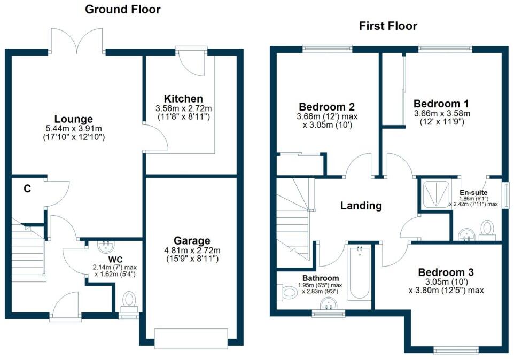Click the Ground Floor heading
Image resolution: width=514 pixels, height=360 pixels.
click(123, 9)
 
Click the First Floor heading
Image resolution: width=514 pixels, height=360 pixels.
click(388, 26)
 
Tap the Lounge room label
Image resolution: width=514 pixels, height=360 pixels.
click(74, 119)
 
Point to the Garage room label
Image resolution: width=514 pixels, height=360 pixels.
click(191, 240)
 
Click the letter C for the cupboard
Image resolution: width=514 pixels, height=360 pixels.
click(26, 188)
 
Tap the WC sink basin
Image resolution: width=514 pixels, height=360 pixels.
click(106, 246)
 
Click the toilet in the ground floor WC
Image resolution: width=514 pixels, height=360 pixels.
click(129, 300)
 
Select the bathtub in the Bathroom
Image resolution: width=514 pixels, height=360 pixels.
click(359, 272)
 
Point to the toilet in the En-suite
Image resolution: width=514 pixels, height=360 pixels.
click(487, 229)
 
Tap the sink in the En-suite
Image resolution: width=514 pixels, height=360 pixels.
click(466, 234)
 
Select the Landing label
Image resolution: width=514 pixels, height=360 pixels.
click(362, 205)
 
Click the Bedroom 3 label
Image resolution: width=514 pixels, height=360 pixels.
click(446, 272)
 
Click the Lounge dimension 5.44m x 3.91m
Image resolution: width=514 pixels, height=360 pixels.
click(74, 128)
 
